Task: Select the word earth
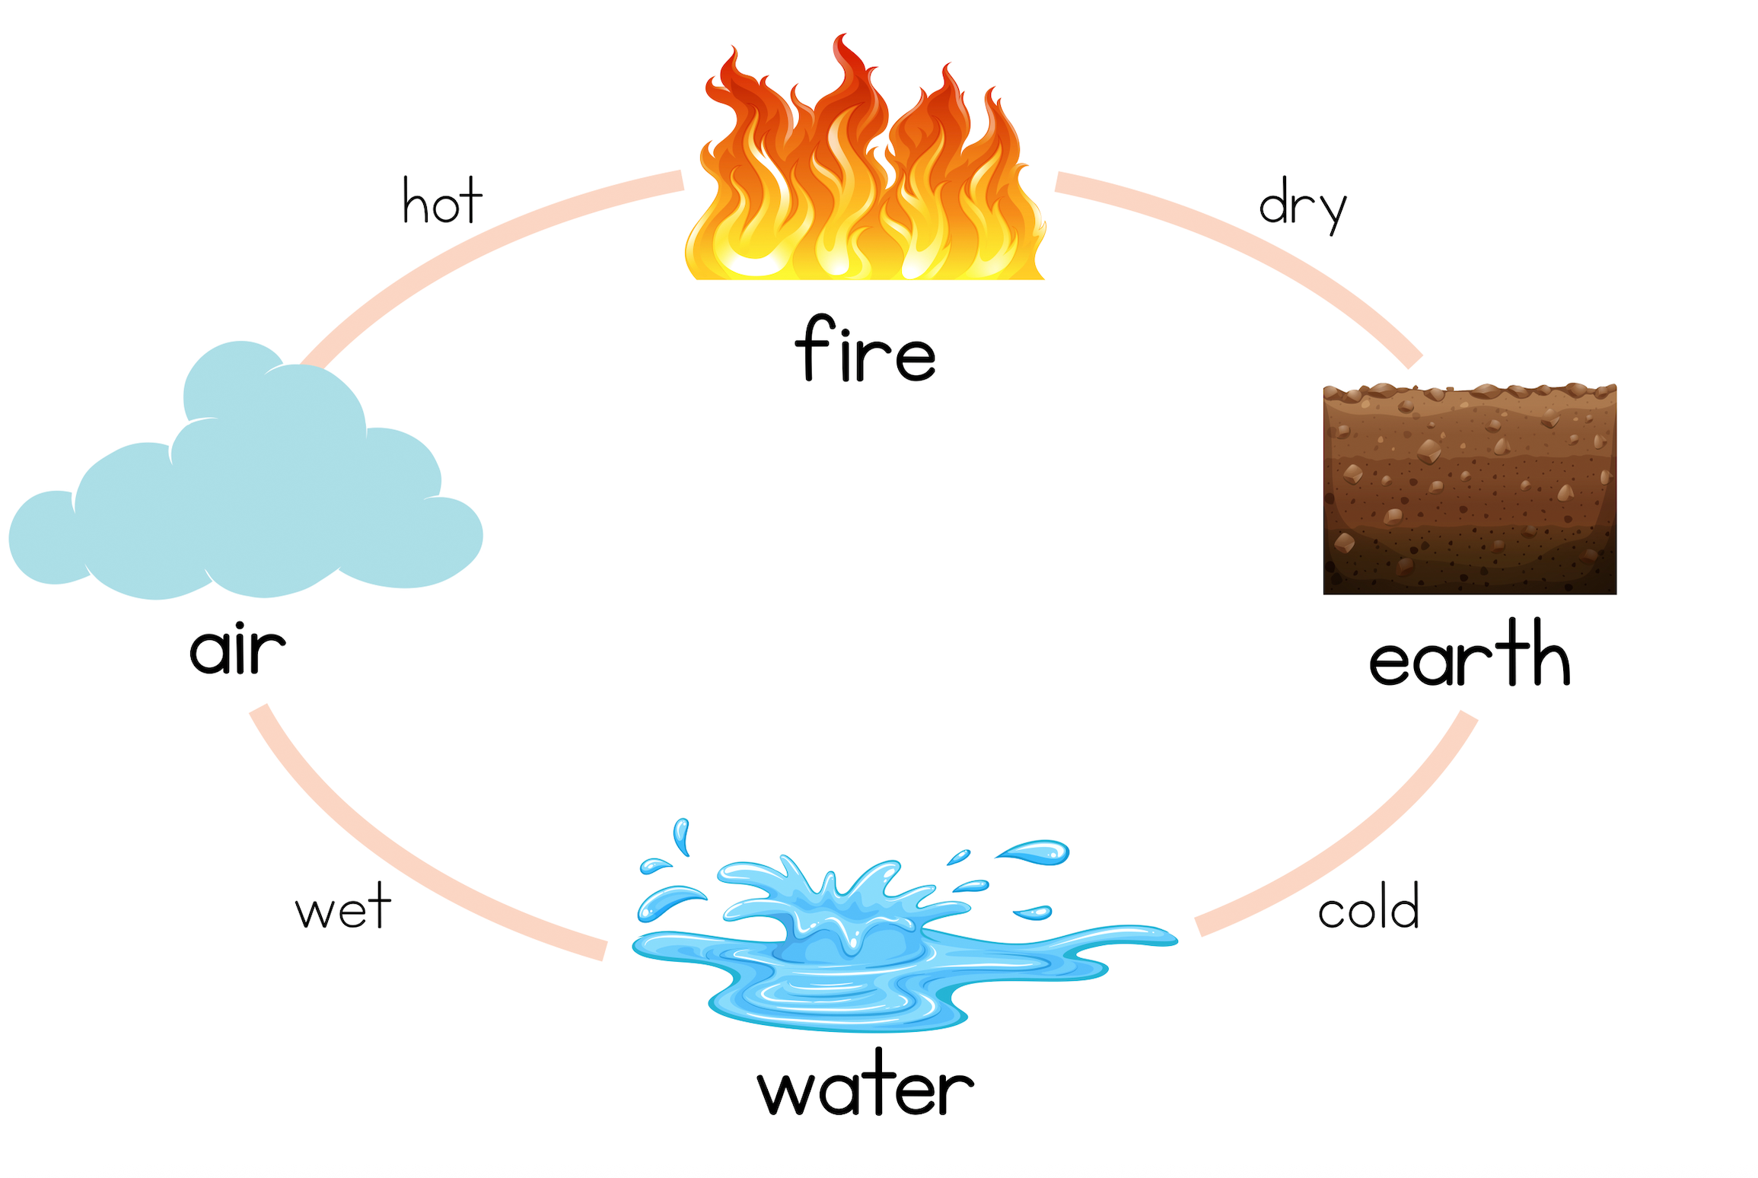[x=1469, y=654]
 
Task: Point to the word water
[x=865, y=1084]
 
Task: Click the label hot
[x=442, y=202]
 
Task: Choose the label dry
[x=1302, y=205]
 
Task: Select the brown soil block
[x=1470, y=491]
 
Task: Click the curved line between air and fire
[x=472, y=244]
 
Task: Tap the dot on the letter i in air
[x=238, y=626]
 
